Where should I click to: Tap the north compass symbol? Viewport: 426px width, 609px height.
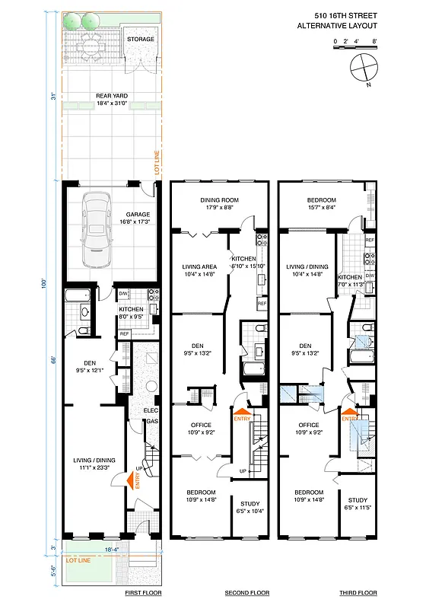tap(364, 69)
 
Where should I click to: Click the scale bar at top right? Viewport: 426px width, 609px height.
tap(354, 49)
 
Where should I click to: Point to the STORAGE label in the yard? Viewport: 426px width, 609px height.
tap(140, 39)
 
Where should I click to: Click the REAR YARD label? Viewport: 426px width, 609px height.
tap(110, 96)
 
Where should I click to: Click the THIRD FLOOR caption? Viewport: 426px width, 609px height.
tap(358, 592)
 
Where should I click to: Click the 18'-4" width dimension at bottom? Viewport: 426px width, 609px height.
tap(110, 547)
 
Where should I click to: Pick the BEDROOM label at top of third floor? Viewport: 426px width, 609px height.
tap(322, 199)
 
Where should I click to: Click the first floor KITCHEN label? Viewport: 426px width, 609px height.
tap(131, 310)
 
